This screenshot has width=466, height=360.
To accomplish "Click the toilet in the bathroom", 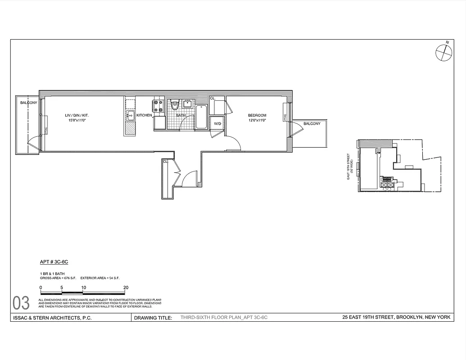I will pyautogui.click(x=175, y=106).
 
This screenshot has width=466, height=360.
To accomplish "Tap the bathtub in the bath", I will pyautogui.click(x=201, y=117).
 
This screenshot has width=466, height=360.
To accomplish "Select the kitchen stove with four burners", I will pyautogui.click(x=158, y=106).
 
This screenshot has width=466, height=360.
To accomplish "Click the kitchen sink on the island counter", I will pyautogui.click(x=129, y=116).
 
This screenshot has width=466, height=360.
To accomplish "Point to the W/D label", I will pyautogui.click(x=217, y=123).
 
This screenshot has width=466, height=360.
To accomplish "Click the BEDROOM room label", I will pyautogui.click(x=257, y=115).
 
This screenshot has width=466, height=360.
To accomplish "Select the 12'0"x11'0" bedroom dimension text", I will pyautogui.click(x=257, y=121).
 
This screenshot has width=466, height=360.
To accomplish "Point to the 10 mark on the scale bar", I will pyautogui.click(x=83, y=288).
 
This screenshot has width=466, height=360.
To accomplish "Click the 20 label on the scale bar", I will pyautogui.click(x=126, y=288).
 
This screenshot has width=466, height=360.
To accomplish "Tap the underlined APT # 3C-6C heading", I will pyautogui.click(x=54, y=261).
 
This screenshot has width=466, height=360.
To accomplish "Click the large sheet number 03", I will pyautogui.click(x=21, y=303).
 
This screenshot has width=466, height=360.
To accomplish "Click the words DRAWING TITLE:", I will pyautogui.click(x=153, y=318).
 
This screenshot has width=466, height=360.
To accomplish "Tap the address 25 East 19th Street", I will pyautogui.click(x=396, y=318).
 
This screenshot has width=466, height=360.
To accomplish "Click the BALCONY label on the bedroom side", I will pyautogui.click(x=312, y=124).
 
